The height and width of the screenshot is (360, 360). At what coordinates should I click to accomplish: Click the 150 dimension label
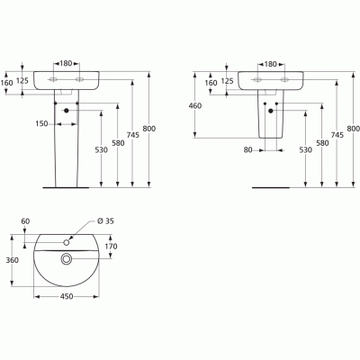pyautogui.click(x=42, y=123)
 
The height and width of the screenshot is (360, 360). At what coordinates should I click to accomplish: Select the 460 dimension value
pyautogui.click(x=193, y=105)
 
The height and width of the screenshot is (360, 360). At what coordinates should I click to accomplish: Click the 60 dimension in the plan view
pyautogui.click(x=25, y=220)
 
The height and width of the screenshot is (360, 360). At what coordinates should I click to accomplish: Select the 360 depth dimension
pyautogui.click(x=13, y=260)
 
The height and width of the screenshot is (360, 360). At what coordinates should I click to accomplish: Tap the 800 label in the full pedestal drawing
pyautogui.click(x=148, y=130)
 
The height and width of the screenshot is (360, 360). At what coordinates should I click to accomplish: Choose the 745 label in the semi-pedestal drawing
pyautogui.click(x=336, y=135)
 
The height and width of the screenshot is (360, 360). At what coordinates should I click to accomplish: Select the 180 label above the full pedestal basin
pyautogui.click(x=66, y=64)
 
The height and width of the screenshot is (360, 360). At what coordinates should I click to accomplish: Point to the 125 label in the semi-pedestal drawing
pyautogui.click(x=229, y=82)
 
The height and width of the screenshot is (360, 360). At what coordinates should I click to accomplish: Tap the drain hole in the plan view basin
pyautogui.click(x=66, y=260)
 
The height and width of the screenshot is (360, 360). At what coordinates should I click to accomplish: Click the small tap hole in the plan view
pyautogui.click(x=66, y=241)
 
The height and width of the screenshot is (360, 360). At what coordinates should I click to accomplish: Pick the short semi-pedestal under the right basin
pyautogui.click(x=269, y=121)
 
